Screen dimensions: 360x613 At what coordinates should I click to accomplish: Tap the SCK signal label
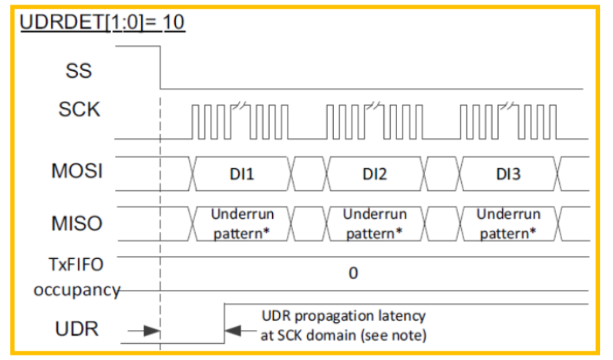pyautogui.click(x=79, y=109)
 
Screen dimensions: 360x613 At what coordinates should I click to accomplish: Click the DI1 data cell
pyautogui.click(x=241, y=174)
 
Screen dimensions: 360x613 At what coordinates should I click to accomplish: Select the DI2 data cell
pyautogui.click(x=375, y=174)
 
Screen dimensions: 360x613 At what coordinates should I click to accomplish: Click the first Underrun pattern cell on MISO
pyautogui.click(x=242, y=223)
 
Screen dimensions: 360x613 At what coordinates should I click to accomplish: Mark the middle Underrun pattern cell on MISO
pyautogui.click(x=375, y=223)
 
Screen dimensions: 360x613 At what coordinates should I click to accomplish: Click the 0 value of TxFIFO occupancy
pyautogui.click(x=352, y=273)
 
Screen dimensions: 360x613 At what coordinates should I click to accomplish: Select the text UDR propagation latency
pyautogui.click(x=343, y=316)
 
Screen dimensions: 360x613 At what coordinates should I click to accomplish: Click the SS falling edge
pyautogui.click(x=160, y=68)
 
